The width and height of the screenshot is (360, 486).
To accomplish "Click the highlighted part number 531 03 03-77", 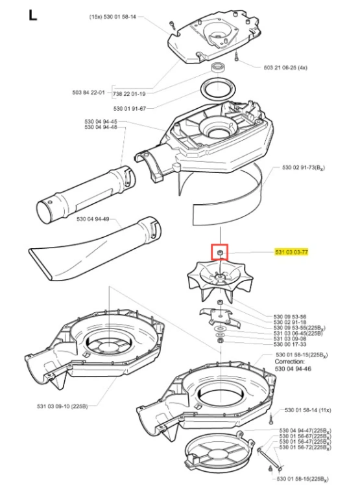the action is click(x=291, y=252).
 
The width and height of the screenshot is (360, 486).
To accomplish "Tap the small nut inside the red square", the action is click(x=219, y=252).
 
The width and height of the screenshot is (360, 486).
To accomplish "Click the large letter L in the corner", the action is click(x=32, y=15).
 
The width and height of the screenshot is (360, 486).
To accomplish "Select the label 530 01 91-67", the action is click(x=130, y=108).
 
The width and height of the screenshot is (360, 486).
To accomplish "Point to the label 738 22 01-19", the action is click(x=130, y=93).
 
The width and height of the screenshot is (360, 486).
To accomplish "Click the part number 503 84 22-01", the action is click(x=88, y=93).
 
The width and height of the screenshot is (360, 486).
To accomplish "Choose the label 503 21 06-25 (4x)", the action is click(x=285, y=67).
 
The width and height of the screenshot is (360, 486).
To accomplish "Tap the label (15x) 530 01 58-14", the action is click(x=113, y=17).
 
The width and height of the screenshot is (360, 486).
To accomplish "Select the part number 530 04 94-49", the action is click(x=93, y=219).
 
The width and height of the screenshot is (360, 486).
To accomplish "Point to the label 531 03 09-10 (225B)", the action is click(x=62, y=406).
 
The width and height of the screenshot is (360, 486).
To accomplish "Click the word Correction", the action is click(x=289, y=362).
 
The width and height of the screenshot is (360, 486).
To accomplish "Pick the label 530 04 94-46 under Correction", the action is click(x=293, y=369).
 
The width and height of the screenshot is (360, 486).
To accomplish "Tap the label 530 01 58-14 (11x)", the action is click(x=308, y=410).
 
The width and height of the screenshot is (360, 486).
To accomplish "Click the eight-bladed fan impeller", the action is click(x=220, y=280).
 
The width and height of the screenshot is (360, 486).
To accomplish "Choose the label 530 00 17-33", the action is click(x=290, y=344).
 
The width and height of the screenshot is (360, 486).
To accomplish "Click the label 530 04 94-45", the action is click(x=101, y=122).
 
